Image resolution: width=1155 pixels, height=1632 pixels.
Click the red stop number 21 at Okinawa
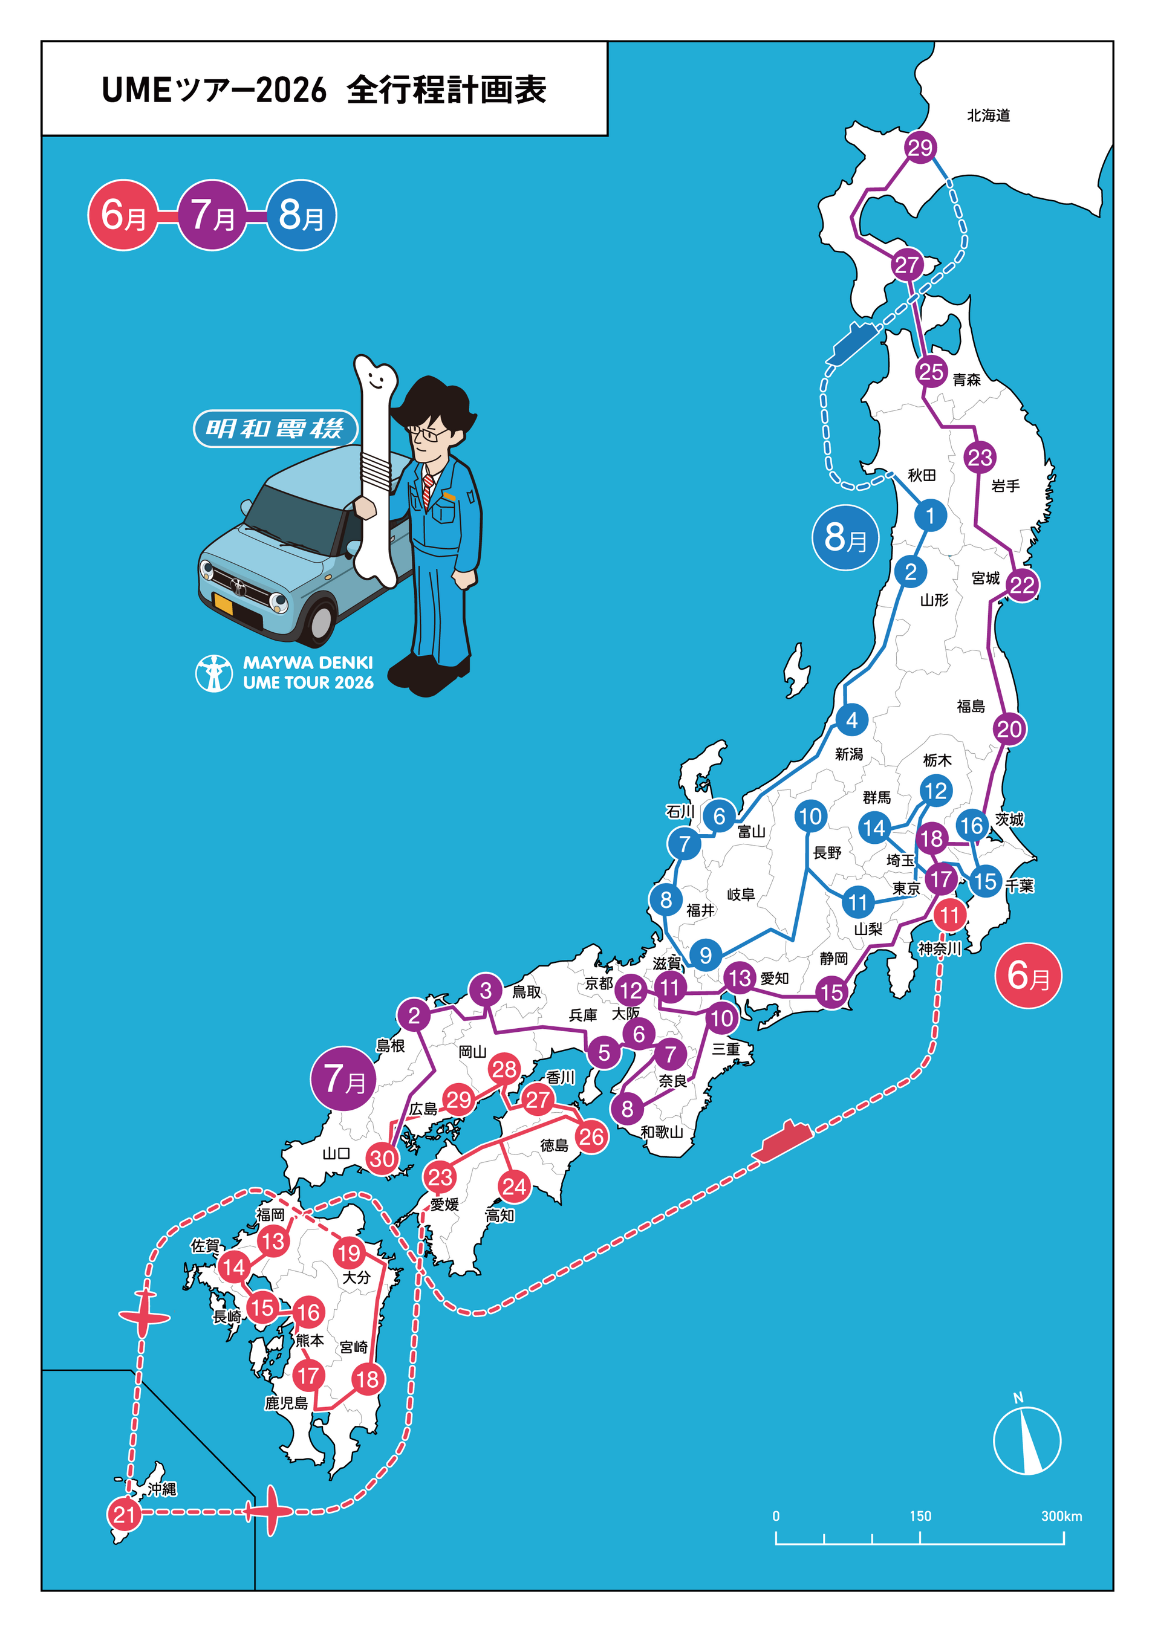(124, 1515)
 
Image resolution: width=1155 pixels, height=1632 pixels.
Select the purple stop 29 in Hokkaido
(920, 148)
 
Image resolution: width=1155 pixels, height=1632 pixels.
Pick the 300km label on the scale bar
(1061, 1516)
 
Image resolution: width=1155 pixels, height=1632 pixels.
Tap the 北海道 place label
(988, 115)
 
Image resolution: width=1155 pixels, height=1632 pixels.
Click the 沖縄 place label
(162, 1489)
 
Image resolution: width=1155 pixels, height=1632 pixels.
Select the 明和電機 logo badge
(275, 429)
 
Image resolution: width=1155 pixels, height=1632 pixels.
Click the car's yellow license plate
(223, 605)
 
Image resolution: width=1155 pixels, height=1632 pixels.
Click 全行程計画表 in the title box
(447, 90)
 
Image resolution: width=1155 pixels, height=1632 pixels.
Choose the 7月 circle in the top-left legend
(212, 215)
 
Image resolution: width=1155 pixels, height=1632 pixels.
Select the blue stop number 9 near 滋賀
(705, 954)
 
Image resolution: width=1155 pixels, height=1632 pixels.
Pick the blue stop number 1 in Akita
(929, 516)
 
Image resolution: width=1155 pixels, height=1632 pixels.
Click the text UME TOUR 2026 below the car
(308, 682)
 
